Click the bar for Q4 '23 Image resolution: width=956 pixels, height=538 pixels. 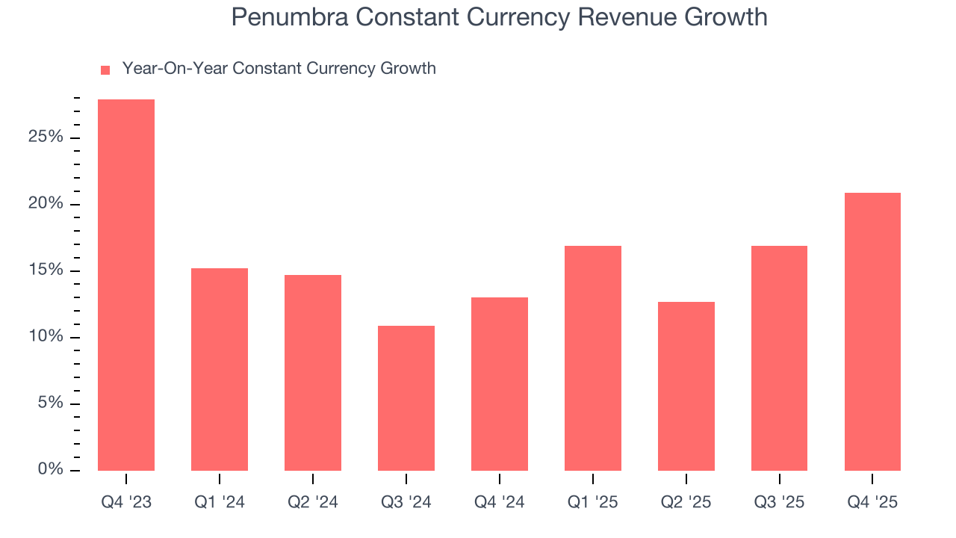pyautogui.click(x=126, y=285)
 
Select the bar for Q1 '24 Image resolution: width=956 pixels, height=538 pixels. pyautogui.click(x=220, y=369)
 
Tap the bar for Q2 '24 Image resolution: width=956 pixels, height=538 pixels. pyautogui.click(x=313, y=373)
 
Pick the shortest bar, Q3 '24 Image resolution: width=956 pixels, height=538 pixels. pyautogui.click(x=406, y=398)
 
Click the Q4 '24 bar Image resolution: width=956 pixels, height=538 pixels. pyautogui.click(x=500, y=384)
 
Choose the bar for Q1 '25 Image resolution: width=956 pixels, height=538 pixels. pyautogui.click(x=593, y=358)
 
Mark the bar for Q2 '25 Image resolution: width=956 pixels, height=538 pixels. pyautogui.click(x=686, y=386)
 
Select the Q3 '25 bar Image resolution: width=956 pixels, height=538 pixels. pyautogui.click(x=779, y=358)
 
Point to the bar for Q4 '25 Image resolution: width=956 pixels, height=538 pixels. pyautogui.click(x=872, y=332)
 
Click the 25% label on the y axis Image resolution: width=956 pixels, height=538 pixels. pyautogui.click(x=45, y=137)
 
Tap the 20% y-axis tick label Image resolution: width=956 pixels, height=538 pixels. pyautogui.click(x=45, y=204)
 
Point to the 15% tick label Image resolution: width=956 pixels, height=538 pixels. pyautogui.click(x=45, y=270)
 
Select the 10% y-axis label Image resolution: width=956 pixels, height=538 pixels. pyautogui.click(x=45, y=337)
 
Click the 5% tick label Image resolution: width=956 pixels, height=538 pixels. pyautogui.click(x=49, y=403)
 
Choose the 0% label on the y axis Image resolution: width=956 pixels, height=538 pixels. pyautogui.click(x=49, y=470)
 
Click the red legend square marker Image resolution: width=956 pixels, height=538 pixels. pyautogui.click(x=105, y=69)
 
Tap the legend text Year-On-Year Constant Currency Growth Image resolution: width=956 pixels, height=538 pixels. pyautogui.click(x=279, y=69)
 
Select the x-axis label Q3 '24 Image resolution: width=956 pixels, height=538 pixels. pyautogui.click(x=406, y=502)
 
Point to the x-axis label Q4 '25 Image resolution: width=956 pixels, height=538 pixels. pyautogui.click(x=872, y=502)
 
